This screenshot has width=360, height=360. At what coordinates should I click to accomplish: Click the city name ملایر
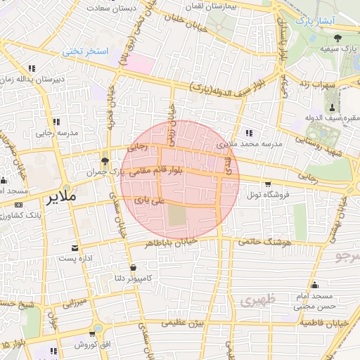pos(60,198)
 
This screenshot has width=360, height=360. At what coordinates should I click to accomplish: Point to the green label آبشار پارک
pos(312,21)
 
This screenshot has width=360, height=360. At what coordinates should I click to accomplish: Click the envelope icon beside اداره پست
pos(75,248)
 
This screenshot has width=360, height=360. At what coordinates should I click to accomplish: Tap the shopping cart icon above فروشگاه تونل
pos(266,185)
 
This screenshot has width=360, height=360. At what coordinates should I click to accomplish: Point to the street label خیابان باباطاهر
pos(167,243)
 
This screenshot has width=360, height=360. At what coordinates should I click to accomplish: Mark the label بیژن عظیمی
pos(184,323)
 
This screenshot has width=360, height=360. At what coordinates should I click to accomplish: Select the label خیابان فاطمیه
pos(322,322)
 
